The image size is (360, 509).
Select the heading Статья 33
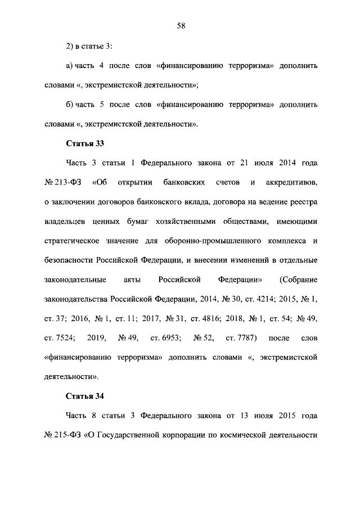(85, 143)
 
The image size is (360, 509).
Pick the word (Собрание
(298, 280)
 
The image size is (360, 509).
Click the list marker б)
(70, 104)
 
